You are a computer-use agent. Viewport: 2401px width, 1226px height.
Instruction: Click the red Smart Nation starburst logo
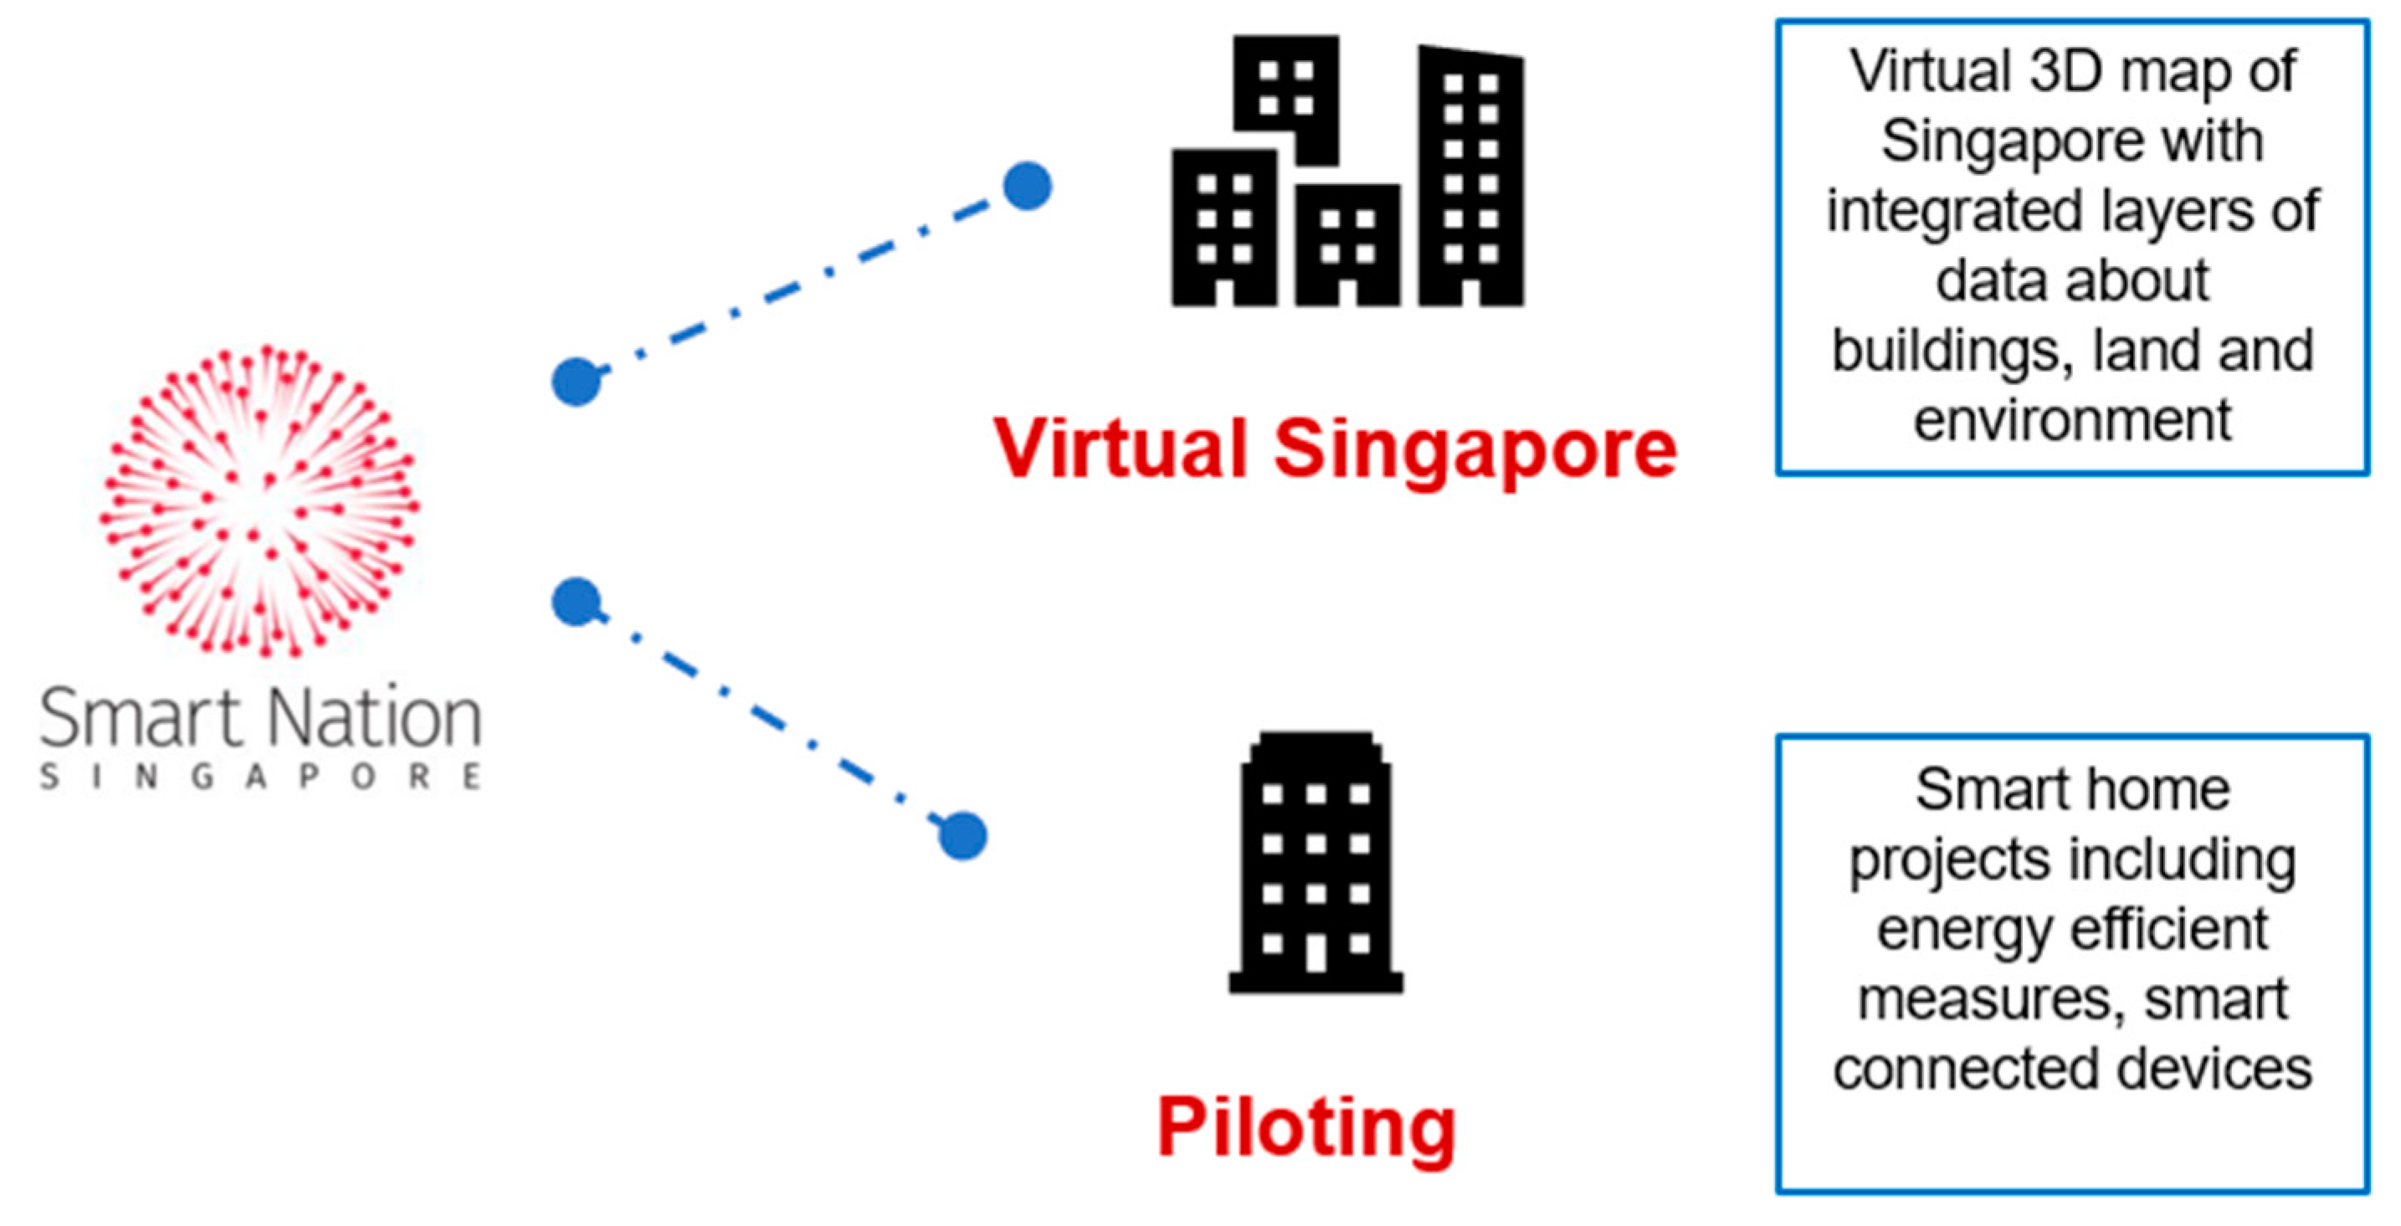260,500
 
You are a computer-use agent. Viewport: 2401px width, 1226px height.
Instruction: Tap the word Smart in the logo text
140,718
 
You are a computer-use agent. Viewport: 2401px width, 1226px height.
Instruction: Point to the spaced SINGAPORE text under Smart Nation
260,777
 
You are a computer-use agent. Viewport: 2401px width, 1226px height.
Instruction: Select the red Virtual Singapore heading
1335,449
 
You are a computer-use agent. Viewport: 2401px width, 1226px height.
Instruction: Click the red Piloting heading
1306,1127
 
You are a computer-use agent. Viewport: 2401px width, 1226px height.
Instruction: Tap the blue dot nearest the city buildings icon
1027,186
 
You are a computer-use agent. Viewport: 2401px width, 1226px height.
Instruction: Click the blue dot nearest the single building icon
962,835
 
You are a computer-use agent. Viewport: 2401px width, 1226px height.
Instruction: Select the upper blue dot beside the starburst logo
576,381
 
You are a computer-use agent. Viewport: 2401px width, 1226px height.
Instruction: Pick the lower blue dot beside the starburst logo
576,602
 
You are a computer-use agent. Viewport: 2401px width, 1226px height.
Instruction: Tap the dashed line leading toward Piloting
769,719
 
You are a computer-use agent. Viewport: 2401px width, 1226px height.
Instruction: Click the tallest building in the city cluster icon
1470,177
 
